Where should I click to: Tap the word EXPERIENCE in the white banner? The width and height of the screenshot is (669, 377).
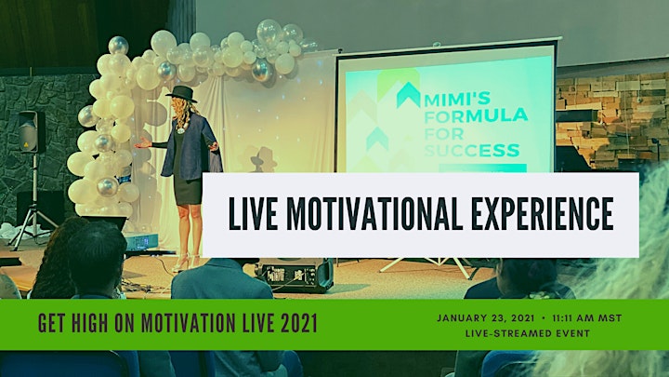tap(543, 214)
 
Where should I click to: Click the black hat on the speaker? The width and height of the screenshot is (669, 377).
tap(181, 94)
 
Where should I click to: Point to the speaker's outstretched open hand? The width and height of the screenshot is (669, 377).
tap(142, 143)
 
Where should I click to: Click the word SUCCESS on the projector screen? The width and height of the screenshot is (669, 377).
tap(472, 151)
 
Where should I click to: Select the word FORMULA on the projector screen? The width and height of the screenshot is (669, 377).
tap(476, 115)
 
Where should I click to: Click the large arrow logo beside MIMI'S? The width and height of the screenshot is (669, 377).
tap(408, 95)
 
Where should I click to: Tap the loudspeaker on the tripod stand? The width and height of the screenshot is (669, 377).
tap(32, 131)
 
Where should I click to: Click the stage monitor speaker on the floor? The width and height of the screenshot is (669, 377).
tap(295, 276)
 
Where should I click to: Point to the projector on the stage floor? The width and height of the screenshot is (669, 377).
tap(141, 241)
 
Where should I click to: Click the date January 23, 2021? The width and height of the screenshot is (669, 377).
tap(486, 318)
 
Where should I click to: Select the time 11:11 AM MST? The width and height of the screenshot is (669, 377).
tap(587, 318)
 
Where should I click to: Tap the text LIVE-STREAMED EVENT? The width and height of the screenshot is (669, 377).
tap(528, 333)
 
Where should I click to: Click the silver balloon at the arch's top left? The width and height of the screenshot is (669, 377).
tap(118, 46)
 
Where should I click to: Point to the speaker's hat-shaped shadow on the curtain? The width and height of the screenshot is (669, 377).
tap(262, 159)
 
